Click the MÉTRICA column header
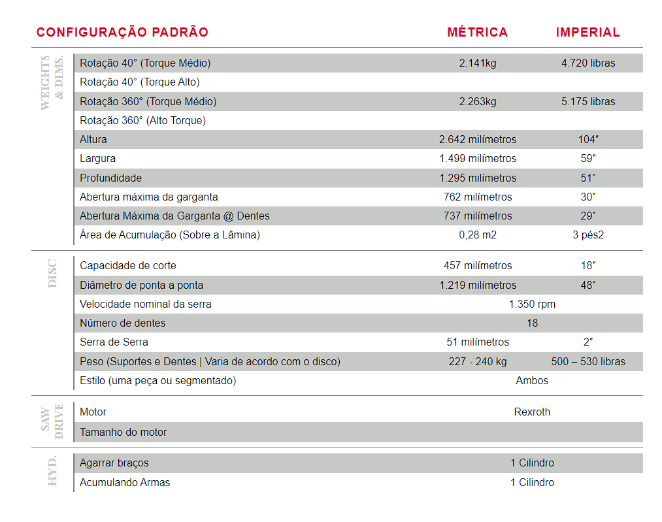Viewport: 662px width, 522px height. pos(477,32)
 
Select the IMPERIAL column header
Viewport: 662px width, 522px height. pos(588,32)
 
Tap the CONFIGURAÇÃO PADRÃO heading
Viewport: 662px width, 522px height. pos(122,32)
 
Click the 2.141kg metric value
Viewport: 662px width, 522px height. pos(477,63)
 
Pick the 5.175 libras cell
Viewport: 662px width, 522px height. pos(588,101)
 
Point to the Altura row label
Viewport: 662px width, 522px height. pos(93,139)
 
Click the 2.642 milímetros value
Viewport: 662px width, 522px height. pos(477,139)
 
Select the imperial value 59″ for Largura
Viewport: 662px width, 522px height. pos(588,158)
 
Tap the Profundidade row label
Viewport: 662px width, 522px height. pos(110,178)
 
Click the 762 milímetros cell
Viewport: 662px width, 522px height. pos(477,197)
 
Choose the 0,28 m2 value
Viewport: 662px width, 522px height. pos(477,235)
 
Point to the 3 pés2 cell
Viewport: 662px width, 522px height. pos(588,235)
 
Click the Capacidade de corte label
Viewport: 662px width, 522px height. pos(127,265)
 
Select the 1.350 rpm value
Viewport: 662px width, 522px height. pos(532,304)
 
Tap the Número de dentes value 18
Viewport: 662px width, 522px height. pos(532,323)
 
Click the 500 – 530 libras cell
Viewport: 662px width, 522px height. pos(588,361)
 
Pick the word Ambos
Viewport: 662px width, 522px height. pos(532,380)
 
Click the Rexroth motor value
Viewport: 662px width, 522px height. pos(532,412)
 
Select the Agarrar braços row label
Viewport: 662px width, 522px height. pos(114,463)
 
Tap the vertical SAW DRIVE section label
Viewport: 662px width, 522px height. pos(52,421)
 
